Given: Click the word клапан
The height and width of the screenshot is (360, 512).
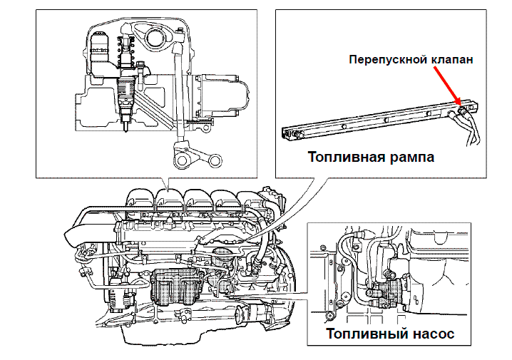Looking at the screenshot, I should (x=451, y=60).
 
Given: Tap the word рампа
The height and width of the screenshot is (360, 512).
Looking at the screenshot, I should (x=409, y=157).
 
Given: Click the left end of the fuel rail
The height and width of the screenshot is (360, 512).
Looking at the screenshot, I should (x=287, y=131).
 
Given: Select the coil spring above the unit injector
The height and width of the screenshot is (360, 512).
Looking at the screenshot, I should (x=128, y=51).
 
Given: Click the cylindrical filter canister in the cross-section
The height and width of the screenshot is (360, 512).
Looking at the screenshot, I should (x=101, y=53).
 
